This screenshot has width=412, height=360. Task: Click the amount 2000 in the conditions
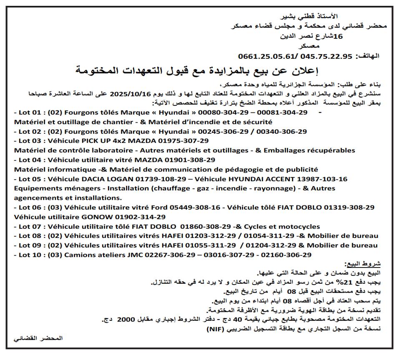(127, 320)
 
